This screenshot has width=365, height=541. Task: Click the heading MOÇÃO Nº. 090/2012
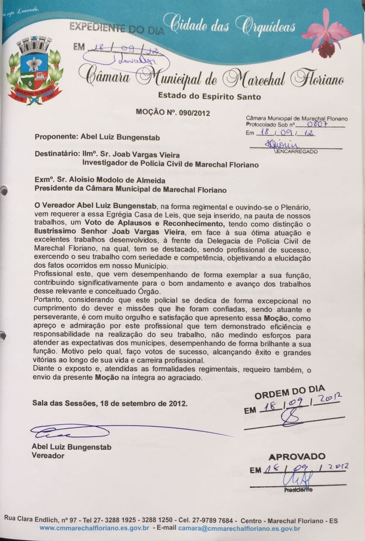click(173, 112)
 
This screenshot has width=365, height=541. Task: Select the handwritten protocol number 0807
click(316, 124)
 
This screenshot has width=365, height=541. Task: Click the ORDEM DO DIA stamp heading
click(289, 393)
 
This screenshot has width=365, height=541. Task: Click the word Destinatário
click(55, 154)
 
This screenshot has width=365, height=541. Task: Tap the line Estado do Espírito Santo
click(209, 97)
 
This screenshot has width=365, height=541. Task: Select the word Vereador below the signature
click(48, 455)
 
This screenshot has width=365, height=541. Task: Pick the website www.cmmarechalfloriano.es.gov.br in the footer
click(94, 528)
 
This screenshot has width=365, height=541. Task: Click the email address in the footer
click(239, 528)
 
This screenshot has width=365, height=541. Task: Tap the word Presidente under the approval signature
click(298, 490)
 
